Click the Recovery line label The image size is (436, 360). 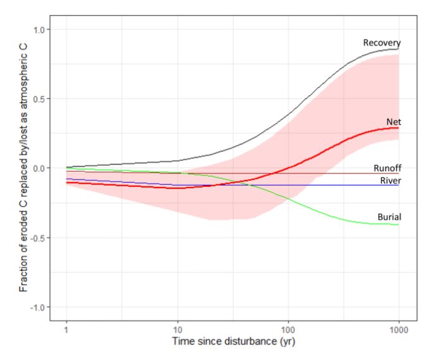point(381,43)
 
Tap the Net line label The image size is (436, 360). point(393,121)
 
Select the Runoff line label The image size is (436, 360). point(386,168)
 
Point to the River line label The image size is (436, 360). point(389,181)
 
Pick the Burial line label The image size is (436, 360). point(389,217)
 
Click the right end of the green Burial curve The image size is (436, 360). point(399,224)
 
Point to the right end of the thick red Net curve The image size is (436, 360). point(399,127)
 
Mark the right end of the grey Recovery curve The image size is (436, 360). point(399,49)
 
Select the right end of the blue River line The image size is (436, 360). point(399,185)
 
